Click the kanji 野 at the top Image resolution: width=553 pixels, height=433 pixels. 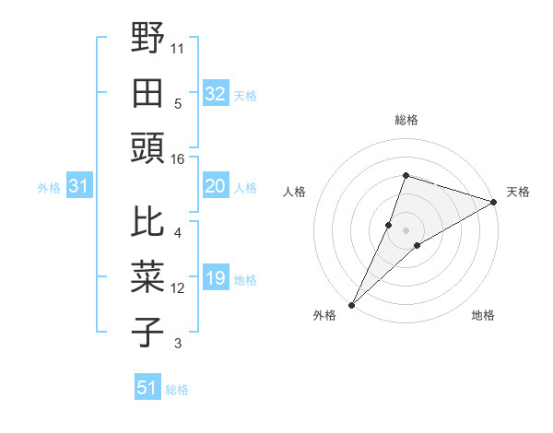pyautogui.click(x=148, y=39)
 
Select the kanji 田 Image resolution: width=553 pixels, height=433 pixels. pyautogui.click(x=148, y=93)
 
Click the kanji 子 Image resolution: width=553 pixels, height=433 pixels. pyautogui.click(x=148, y=332)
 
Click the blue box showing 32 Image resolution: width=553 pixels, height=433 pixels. pyautogui.click(x=216, y=94)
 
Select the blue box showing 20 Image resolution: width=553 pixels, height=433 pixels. pyautogui.click(x=216, y=187)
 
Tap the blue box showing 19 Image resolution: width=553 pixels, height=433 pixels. pyautogui.click(x=216, y=279)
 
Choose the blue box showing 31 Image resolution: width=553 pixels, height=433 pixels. pyautogui.click(x=78, y=187)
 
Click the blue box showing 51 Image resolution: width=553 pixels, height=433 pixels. pyautogui.click(x=147, y=388)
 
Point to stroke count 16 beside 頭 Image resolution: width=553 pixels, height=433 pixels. pyautogui.click(x=177, y=159)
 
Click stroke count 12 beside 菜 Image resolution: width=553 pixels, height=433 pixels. pyautogui.click(x=178, y=288)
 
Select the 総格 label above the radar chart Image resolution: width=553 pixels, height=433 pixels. pyautogui.click(x=406, y=120)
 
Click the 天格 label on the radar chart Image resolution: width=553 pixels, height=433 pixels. pyautogui.click(x=519, y=192)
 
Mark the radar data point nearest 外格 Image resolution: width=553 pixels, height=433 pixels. pyautogui.click(x=351, y=304)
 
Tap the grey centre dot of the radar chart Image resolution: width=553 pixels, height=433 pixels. pyautogui.click(x=406, y=229)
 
